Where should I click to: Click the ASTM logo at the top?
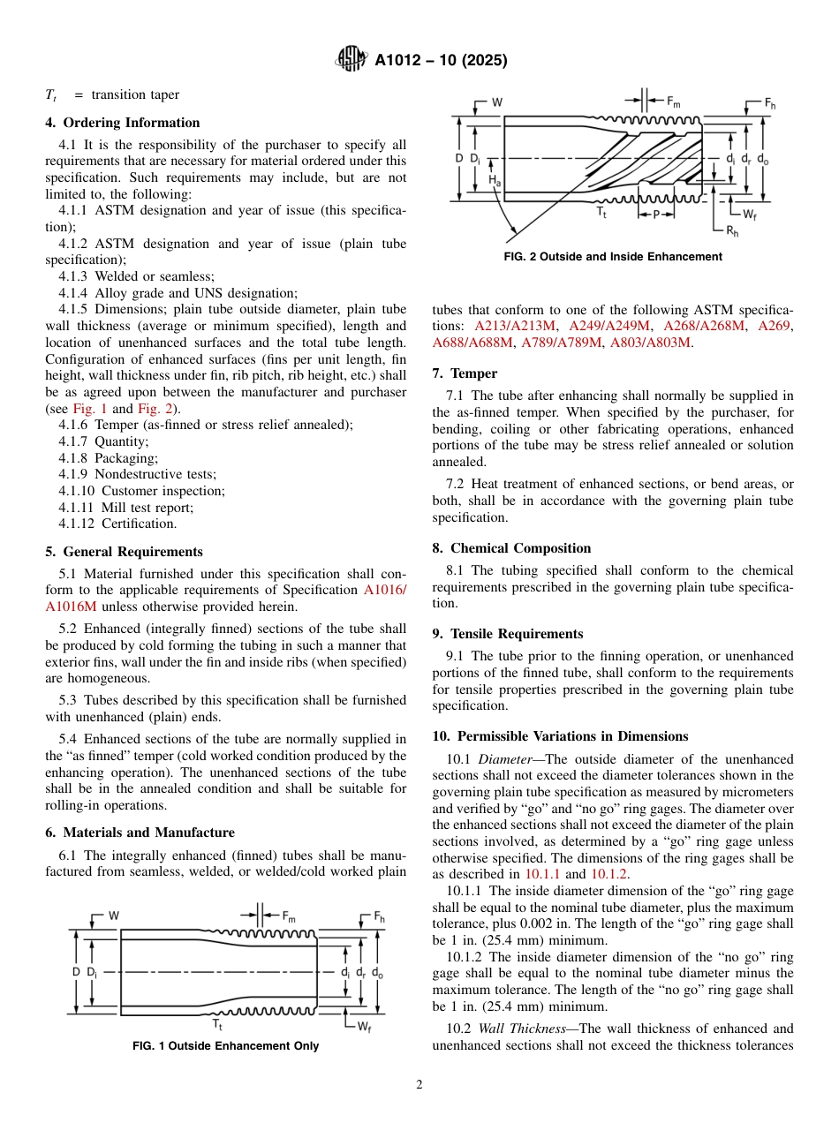coord(352,60)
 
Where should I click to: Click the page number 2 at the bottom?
coord(419,1085)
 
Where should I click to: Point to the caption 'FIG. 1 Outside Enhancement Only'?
coord(225,1046)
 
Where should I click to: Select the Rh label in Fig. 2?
coord(732,230)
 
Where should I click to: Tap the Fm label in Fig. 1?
coord(289,916)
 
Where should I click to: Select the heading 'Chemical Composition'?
coord(520,548)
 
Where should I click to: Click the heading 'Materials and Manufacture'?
coord(148,833)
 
